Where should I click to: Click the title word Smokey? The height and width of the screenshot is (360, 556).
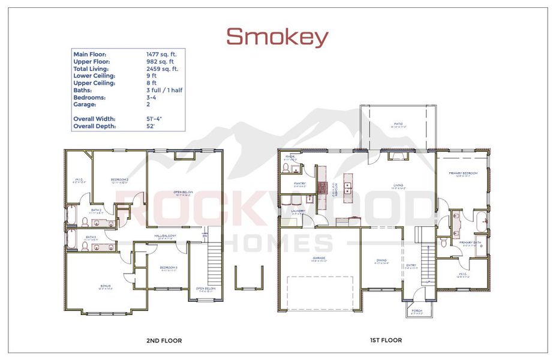277,37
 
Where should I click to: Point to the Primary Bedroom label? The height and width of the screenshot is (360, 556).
463,174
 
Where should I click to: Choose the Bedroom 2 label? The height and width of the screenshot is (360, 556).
120,181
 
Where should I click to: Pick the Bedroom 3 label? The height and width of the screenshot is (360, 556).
168,268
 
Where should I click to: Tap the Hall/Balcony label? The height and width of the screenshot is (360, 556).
164,236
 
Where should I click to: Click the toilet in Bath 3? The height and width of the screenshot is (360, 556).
85,245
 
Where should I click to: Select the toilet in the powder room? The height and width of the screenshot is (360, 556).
285,170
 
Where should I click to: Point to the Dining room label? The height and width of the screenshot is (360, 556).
382,261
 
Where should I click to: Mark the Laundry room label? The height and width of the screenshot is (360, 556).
298,212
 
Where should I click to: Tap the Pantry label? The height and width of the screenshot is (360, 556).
300,184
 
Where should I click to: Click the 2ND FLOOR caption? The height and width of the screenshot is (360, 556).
164,341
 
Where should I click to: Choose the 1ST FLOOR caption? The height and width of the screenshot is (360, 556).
385,340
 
